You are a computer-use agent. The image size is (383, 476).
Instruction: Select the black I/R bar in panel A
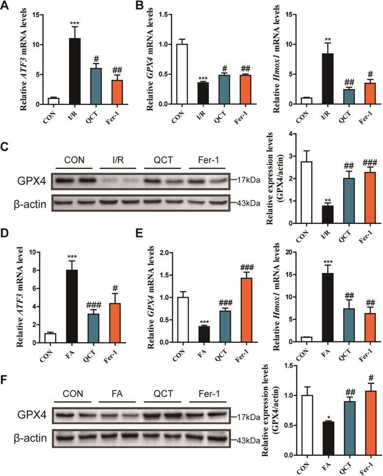pos(74,71)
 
